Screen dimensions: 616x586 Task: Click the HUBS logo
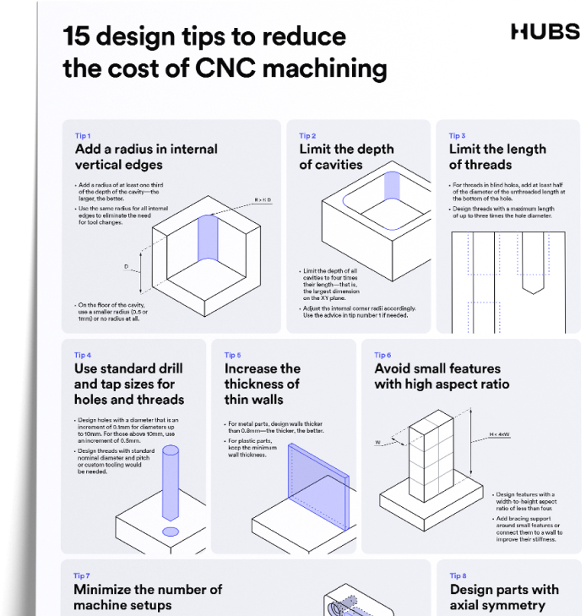545,33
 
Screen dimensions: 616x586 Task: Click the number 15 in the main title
78,37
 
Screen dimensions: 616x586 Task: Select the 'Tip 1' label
83,135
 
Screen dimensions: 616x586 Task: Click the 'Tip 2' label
307,135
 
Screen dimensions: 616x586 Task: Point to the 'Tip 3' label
457,135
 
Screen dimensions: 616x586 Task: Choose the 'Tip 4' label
83,355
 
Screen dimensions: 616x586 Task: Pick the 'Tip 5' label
232,355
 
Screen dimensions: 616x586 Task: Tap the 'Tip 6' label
383,355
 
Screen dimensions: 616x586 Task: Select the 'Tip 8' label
458,575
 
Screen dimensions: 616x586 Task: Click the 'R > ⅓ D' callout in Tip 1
263,199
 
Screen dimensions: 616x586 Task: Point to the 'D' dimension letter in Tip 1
126,266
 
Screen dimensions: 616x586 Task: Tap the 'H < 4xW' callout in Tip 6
499,435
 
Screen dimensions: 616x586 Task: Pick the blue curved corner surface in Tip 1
208,238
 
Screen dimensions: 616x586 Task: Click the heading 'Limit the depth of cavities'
346,156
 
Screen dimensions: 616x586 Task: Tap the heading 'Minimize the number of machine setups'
148,597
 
